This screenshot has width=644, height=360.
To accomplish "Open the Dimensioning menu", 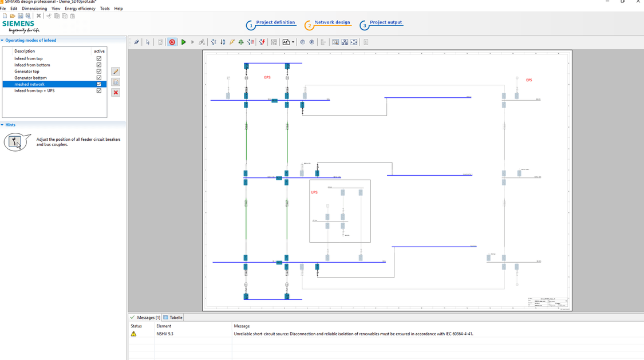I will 34,9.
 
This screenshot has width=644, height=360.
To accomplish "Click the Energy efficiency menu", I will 80,9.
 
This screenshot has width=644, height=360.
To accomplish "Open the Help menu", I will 118,9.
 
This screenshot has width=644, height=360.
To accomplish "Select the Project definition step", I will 275,23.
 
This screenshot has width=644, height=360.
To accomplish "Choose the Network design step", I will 332,23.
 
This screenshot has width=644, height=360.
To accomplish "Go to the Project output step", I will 385,23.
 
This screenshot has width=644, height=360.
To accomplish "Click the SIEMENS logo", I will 18,24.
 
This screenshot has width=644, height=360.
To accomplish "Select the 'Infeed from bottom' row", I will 32,65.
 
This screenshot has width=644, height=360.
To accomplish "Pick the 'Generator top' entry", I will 27,72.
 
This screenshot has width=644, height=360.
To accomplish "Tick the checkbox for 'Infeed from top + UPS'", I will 99,90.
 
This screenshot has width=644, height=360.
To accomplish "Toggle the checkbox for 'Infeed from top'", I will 99,58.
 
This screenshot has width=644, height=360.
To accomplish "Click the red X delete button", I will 116,92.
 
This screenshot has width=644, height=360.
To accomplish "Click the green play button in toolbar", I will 183,42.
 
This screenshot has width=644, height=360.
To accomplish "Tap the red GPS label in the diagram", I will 267,77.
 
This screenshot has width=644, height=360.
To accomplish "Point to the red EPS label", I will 528,80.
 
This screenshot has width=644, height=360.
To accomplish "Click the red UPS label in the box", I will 314,192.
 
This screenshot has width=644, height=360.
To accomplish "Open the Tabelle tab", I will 173,318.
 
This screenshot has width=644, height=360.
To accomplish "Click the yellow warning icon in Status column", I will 134,334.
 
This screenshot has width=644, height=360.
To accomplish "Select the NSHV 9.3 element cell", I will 165,334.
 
